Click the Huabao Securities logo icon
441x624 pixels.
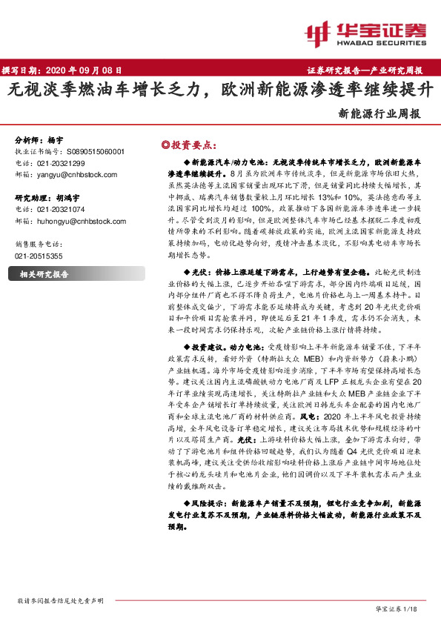point(319,33)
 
